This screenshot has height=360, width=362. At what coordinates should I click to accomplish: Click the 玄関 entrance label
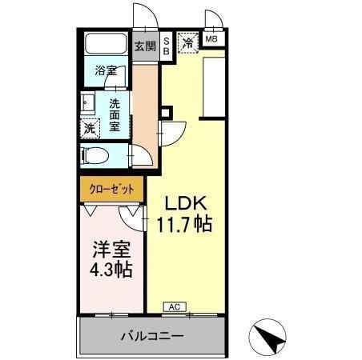click(x=145, y=46)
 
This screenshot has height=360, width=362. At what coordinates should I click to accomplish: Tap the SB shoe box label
click(x=166, y=46)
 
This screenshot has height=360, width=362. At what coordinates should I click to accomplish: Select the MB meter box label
click(x=211, y=39)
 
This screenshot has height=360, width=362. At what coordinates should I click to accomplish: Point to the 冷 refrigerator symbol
click(x=188, y=43)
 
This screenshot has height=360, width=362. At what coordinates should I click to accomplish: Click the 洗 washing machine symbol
click(x=90, y=129)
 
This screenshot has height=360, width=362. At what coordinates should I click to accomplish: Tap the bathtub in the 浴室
click(x=106, y=44)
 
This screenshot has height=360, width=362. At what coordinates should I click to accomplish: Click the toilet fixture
click(x=95, y=155)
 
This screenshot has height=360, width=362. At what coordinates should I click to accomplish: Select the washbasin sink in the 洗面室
click(x=87, y=102)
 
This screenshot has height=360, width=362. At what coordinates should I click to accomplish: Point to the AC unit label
click(x=175, y=307)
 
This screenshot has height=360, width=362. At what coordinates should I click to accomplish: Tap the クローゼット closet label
click(x=111, y=190)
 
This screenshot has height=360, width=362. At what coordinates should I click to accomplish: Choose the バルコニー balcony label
click(x=152, y=336)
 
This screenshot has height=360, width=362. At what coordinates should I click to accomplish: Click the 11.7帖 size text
click(x=184, y=224)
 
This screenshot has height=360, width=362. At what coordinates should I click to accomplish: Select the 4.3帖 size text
click(x=111, y=270)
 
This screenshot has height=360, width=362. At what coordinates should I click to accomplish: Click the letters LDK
click(x=186, y=203)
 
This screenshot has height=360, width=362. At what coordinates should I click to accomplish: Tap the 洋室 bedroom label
click(x=111, y=250)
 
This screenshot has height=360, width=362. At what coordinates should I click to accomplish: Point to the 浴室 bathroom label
click(x=106, y=71)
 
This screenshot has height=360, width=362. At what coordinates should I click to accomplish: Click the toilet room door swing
click(x=141, y=156)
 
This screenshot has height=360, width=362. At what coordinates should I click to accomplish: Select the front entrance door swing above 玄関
click(x=146, y=16)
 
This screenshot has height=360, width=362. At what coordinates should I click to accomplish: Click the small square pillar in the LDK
click(x=166, y=113)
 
